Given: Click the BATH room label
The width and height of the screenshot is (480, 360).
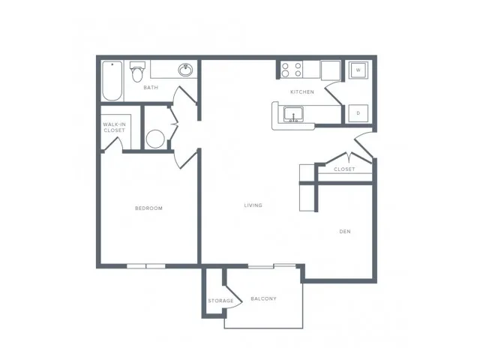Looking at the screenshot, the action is click(x=151, y=88).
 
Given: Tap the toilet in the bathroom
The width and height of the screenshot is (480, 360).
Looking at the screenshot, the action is click(x=137, y=72).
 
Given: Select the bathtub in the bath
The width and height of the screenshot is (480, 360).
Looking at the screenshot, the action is click(x=112, y=81).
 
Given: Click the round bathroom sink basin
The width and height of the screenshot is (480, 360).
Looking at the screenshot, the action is click(x=185, y=70).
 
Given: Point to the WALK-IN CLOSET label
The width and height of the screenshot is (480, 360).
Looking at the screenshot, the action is click(x=114, y=127).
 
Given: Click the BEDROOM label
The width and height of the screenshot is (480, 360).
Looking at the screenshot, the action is click(x=148, y=208).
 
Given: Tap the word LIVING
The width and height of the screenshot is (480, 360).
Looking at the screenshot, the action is click(x=253, y=205).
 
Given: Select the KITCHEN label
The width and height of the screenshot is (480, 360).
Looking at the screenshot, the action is click(x=302, y=91).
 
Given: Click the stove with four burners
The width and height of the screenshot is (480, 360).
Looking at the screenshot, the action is click(x=292, y=70).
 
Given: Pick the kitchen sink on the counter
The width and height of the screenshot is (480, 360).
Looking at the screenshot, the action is click(x=293, y=114).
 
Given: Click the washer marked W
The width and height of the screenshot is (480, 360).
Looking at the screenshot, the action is click(x=358, y=70).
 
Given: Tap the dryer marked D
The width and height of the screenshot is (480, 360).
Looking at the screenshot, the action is click(x=358, y=113).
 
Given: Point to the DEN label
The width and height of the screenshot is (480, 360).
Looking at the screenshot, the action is click(x=345, y=232).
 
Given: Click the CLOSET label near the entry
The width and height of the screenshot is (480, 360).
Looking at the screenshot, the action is click(x=344, y=169).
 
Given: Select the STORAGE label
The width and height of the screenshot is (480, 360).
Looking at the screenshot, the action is click(x=220, y=301).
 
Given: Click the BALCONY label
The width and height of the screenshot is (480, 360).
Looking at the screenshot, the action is click(x=263, y=298).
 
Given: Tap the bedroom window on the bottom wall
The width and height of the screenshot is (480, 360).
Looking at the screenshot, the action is click(x=146, y=266).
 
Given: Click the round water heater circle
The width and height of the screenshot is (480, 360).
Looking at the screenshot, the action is click(x=155, y=139).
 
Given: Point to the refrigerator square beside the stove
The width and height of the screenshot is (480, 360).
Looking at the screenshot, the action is click(x=331, y=70).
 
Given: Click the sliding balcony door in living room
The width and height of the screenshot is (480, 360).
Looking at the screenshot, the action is click(x=271, y=265).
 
